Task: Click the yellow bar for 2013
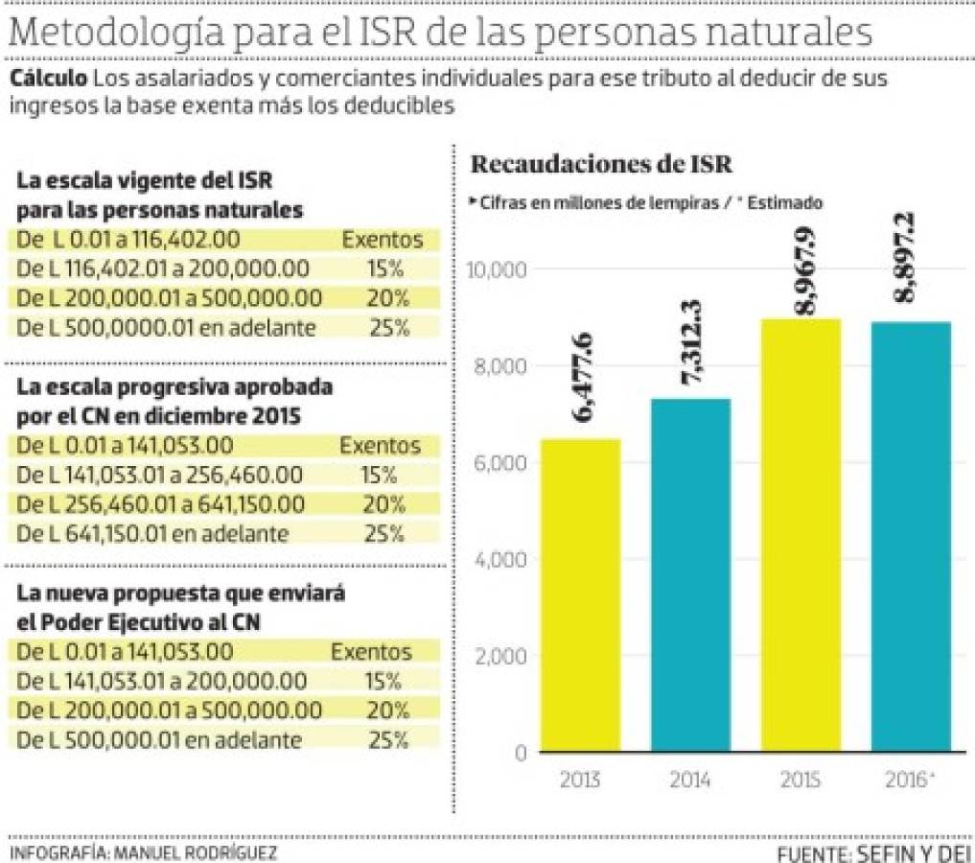(x=580, y=595)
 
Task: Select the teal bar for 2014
(x=690, y=575)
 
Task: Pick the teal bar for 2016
(x=911, y=537)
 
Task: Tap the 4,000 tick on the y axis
(x=499, y=560)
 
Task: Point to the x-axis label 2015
(x=801, y=780)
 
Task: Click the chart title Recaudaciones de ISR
(x=601, y=165)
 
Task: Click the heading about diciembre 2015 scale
(x=175, y=403)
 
